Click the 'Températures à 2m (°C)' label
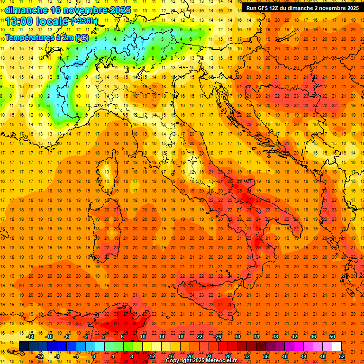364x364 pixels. tap(46, 37)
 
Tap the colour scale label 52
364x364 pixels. tap(342, 356)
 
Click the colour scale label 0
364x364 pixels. tap(94, 356)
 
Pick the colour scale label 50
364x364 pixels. tap(332, 337)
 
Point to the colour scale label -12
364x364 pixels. tap(39, 356)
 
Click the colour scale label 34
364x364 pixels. tap(256, 337)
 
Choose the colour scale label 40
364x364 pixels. tap(285, 356)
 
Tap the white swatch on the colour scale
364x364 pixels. tap(337, 346)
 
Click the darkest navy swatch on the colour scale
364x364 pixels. tap(24, 346)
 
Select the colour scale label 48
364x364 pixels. tap(323, 356)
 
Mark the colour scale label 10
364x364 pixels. tap(142, 337)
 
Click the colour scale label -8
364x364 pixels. tap(58, 356)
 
